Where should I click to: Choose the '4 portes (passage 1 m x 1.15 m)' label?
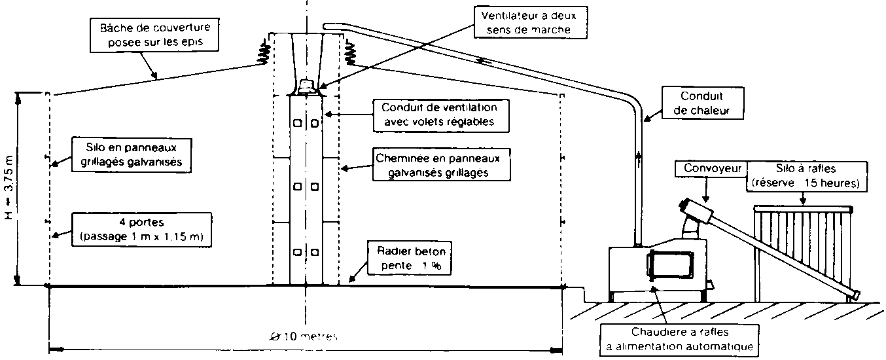tap(142, 228)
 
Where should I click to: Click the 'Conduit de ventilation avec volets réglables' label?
tap(439, 114)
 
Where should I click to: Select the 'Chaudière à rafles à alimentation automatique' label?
tap(680, 338)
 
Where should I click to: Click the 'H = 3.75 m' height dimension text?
tap(26, 190)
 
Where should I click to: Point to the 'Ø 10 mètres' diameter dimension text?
tap(304, 336)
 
